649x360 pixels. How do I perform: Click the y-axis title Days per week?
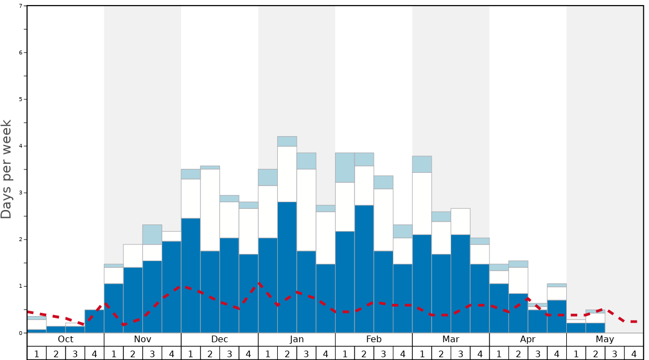coord(7,169)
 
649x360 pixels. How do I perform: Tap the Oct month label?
coord(66,339)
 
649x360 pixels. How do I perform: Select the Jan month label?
coord(297,339)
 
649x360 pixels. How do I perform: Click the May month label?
coord(605,339)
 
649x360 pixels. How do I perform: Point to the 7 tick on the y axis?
coord(21,6)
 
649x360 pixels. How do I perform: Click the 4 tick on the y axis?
coord(21,146)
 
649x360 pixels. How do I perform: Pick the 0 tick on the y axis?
coord(21,333)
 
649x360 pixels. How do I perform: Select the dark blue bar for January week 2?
coord(287,267)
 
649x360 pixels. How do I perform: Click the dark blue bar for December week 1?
coord(191,276)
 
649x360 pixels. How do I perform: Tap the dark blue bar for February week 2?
coord(364,269)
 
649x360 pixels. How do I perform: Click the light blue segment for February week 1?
coord(345,167)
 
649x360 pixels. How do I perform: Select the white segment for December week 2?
coord(210,210)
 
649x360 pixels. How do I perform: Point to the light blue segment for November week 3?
coord(152,234)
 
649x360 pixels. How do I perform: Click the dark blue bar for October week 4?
coord(94,321)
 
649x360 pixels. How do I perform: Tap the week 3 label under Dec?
coord(229,353)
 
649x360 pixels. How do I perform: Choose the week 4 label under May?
coord(634,353)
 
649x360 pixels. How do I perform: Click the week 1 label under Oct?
coord(37,353)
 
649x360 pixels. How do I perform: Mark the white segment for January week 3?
coord(306,210)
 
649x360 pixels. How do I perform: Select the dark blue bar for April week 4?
coord(557,316)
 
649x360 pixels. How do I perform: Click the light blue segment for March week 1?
coord(422,164)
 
